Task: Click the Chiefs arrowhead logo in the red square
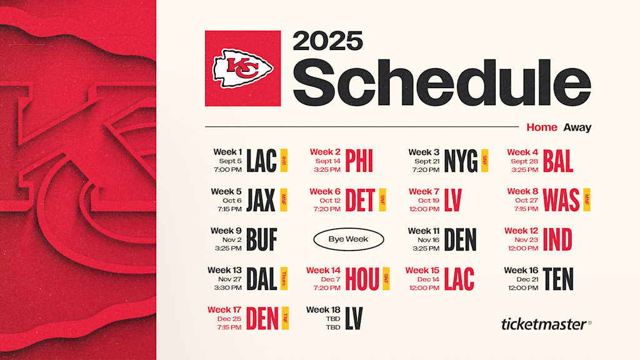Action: click(x=242, y=69)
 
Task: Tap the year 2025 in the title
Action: click(x=327, y=41)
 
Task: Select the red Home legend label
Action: click(x=541, y=127)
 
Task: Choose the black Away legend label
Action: click(x=577, y=127)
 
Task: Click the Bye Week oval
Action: click(x=348, y=239)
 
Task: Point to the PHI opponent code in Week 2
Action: click(x=359, y=161)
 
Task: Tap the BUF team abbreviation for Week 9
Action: click(x=261, y=239)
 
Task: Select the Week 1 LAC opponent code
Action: click(x=261, y=161)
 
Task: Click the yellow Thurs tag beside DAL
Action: click(x=284, y=279)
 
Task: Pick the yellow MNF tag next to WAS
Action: click(x=587, y=200)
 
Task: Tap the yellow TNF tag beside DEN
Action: click(x=285, y=318)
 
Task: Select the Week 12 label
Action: click(x=521, y=231)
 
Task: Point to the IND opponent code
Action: click(x=557, y=239)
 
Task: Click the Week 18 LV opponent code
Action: click(x=353, y=318)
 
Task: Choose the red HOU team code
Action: click(x=362, y=279)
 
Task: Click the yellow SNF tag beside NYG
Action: click(x=485, y=161)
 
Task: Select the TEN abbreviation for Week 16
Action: click(x=558, y=279)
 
